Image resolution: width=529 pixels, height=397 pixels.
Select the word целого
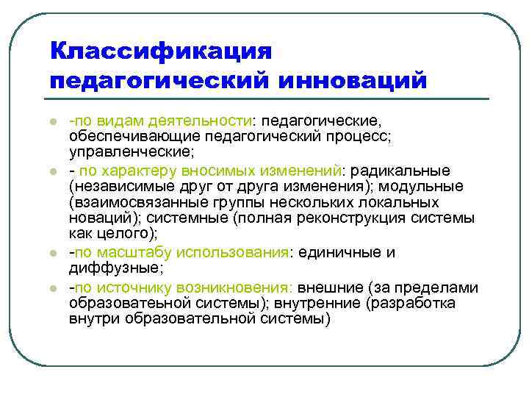[x=128, y=235]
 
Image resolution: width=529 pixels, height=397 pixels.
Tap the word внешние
[x=331, y=287]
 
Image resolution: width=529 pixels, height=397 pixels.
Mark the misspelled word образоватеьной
[x=129, y=304]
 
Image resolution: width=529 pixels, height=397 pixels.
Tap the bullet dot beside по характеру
[x=53, y=171]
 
